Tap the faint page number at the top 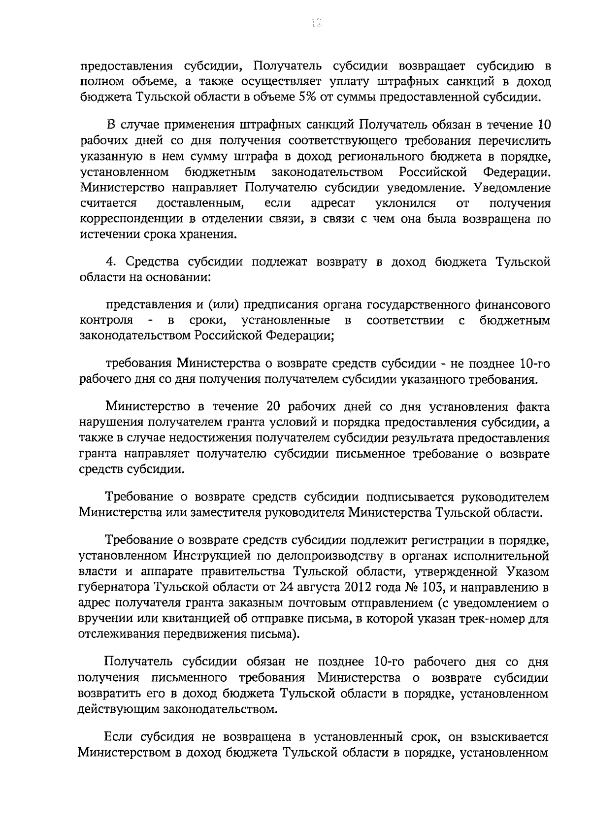[316, 23]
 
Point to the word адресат [332, 203]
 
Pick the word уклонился [405, 203]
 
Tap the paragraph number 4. [110, 262]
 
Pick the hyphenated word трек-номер [493, 618]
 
